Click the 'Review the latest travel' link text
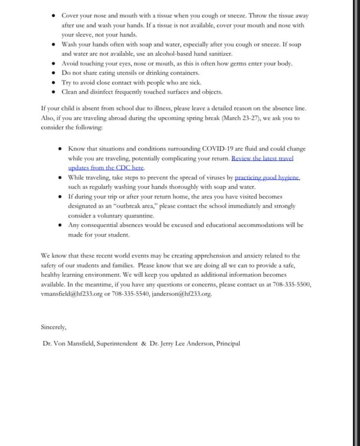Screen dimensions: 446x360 pos(262,158)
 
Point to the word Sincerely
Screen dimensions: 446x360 pos(53,327)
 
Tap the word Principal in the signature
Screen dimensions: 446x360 pos(228,343)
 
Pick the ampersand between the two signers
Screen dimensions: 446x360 pos(144,343)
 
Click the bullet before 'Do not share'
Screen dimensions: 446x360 pos(54,73)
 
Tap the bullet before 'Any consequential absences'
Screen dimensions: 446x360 pos(60,225)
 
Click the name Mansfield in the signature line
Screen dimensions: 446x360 pos(80,343)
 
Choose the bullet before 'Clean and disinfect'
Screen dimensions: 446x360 pos(54,92)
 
